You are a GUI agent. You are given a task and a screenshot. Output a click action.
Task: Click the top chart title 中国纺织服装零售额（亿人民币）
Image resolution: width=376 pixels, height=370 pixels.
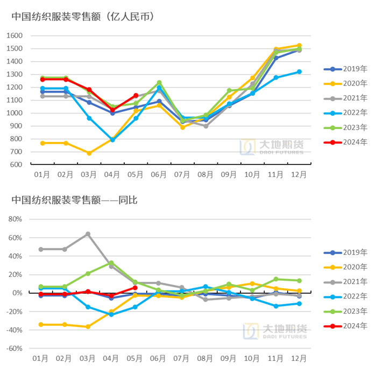[83, 17]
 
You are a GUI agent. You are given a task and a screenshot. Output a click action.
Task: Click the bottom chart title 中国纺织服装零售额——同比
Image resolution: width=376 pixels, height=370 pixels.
[75, 200]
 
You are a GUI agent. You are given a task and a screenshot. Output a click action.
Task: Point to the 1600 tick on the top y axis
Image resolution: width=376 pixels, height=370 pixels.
[15, 35]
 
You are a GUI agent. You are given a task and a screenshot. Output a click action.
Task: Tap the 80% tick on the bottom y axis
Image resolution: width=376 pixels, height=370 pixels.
[15, 219]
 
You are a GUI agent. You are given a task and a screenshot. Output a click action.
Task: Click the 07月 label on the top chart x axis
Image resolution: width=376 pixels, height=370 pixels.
[182, 175]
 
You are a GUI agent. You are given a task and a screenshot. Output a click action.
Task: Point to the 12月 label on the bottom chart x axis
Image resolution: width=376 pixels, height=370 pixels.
[299, 358]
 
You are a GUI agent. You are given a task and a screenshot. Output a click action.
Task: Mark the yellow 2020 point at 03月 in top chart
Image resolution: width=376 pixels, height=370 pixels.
[89, 153]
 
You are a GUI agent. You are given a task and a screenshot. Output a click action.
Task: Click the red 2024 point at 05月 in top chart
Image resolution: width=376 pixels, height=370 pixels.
[136, 96]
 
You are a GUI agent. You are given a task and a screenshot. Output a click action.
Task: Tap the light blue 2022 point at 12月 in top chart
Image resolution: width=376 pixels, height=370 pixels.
[299, 72]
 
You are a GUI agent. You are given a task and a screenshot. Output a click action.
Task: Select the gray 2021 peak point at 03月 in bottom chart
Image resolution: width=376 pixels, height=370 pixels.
[89, 234]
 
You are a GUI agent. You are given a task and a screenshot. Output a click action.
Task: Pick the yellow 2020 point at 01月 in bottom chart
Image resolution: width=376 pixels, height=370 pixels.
[42, 324]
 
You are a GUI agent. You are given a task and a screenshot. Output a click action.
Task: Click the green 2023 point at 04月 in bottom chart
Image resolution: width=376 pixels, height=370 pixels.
[112, 263]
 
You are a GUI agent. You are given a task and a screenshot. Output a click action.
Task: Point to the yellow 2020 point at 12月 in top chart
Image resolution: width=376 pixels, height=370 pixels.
[299, 46]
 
